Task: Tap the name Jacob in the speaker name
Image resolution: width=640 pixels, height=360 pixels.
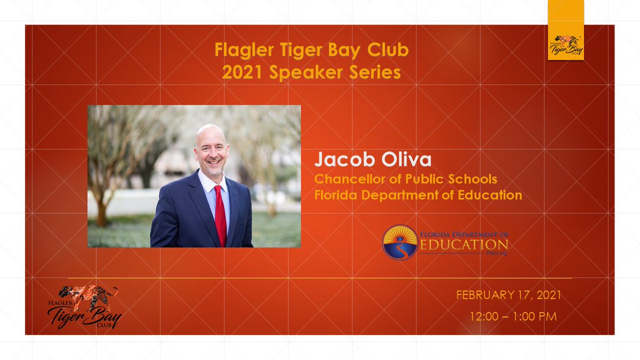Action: point(337,159)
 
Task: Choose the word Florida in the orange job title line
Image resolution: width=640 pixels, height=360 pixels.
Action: point(336,195)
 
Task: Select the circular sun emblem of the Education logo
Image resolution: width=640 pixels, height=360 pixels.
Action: point(400,242)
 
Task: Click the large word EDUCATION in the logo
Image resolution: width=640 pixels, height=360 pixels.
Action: point(464,244)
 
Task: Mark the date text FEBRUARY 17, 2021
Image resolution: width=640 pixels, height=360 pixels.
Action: point(508,295)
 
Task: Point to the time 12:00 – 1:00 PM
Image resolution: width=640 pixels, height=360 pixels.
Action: point(513,316)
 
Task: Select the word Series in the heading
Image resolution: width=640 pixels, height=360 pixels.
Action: point(375,73)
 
